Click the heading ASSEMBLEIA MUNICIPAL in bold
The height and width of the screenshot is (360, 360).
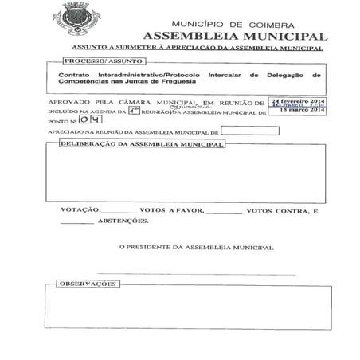click(x=234, y=37)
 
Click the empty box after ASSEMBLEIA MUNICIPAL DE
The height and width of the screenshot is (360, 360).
click(x=249, y=131)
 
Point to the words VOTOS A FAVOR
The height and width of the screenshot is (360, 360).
click(x=170, y=211)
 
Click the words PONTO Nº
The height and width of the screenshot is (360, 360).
click(x=63, y=122)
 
